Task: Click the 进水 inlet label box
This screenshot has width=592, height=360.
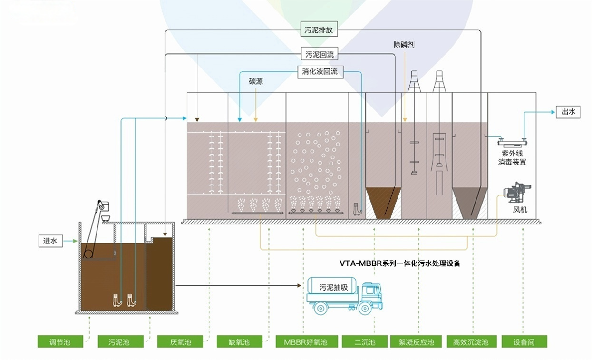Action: [x=50, y=241]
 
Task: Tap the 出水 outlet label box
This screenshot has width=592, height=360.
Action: [x=568, y=112]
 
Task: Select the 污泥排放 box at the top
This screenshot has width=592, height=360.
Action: [x=319, y=30]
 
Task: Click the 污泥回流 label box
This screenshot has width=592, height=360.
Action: [x=319, y=54]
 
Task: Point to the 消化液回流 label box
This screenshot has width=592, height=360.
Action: [x=320, y=72]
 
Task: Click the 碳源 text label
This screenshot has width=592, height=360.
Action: [x=256, y=81]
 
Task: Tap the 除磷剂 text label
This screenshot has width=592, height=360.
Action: [x=404, y=45]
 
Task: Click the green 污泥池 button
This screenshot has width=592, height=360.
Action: [x=119, y=341]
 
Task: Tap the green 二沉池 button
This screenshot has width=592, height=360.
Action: [x=365, y=341]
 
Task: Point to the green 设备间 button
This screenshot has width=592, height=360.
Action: [x=524, y=341]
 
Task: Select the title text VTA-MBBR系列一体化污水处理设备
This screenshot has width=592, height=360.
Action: [x=399, y=263]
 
